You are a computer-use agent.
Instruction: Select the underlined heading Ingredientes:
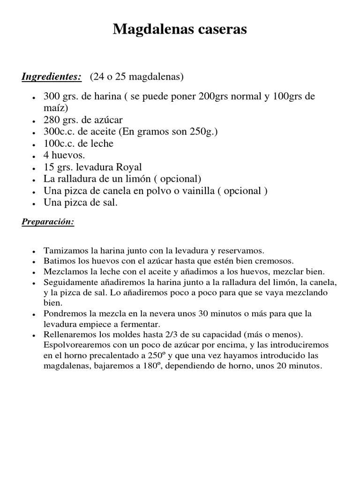pos(52,76)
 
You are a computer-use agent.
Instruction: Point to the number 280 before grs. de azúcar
pos(51,120)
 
